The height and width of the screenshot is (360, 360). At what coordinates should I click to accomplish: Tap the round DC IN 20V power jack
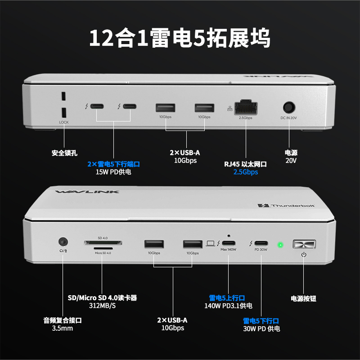289,108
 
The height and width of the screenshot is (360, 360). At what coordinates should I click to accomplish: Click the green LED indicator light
280,245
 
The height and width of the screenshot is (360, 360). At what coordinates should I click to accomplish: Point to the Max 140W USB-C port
229,244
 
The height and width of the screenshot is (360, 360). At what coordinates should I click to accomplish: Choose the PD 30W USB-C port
261,244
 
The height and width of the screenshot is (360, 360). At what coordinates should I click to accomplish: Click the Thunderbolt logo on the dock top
286,206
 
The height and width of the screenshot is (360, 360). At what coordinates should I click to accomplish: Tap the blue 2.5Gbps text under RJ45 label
246,172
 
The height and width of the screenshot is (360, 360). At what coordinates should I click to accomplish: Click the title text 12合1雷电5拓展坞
180,38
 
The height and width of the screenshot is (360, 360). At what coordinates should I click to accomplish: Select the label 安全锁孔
64,153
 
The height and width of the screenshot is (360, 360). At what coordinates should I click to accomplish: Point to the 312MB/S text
102,306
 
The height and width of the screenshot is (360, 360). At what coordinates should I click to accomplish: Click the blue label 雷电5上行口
227,298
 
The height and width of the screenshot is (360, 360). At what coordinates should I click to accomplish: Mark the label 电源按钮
304,298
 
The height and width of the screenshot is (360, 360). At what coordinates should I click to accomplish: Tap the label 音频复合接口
63,320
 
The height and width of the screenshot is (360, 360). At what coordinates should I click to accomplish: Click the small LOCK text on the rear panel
63,122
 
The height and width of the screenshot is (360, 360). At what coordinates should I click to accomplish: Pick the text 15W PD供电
113,172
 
